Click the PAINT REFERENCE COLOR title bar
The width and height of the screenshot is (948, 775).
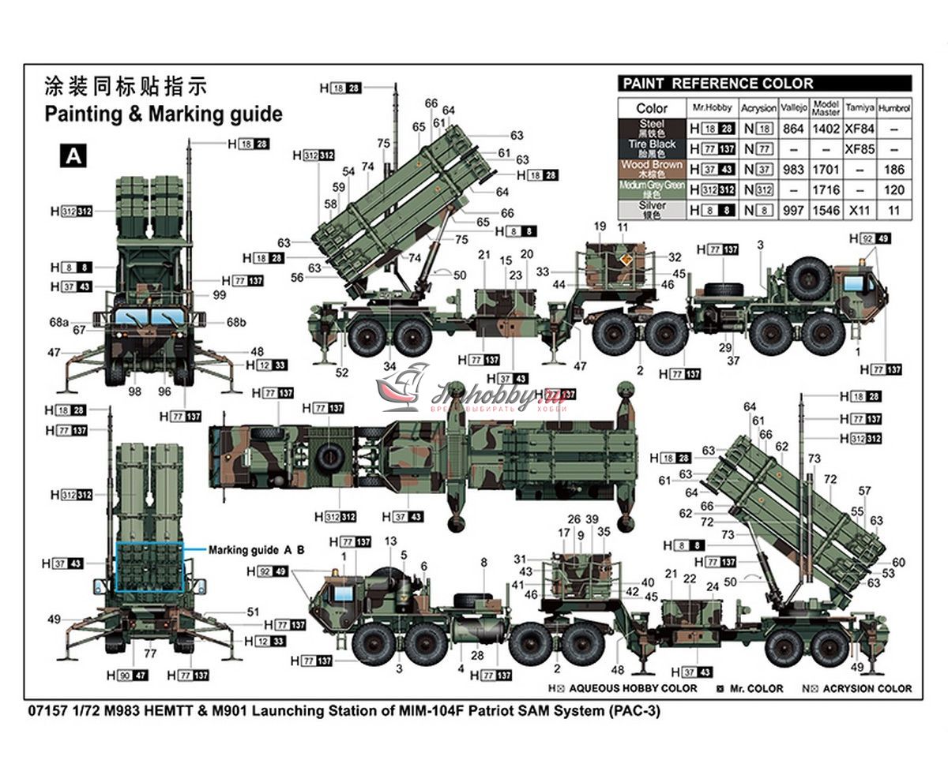point(764,84)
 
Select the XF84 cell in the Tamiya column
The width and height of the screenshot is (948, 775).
point(859,129)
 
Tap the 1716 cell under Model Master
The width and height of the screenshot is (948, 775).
point(826,190)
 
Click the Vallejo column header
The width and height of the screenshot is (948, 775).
point(793,108)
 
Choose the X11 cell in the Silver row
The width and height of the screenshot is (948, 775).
point(859,211)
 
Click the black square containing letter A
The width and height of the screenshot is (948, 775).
point(73,155)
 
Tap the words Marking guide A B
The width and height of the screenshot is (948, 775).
point(256,549)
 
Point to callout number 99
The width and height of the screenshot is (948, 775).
point(219,295)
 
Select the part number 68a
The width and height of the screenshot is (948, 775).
point(59,322)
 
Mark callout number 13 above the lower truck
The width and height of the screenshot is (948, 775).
point(390,541)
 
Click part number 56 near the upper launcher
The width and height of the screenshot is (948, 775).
point(297,277)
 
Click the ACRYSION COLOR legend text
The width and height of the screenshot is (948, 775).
point(867,688)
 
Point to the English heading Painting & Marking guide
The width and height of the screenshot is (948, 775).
point(163,114)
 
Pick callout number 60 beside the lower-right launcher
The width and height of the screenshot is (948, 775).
point(898,562)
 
